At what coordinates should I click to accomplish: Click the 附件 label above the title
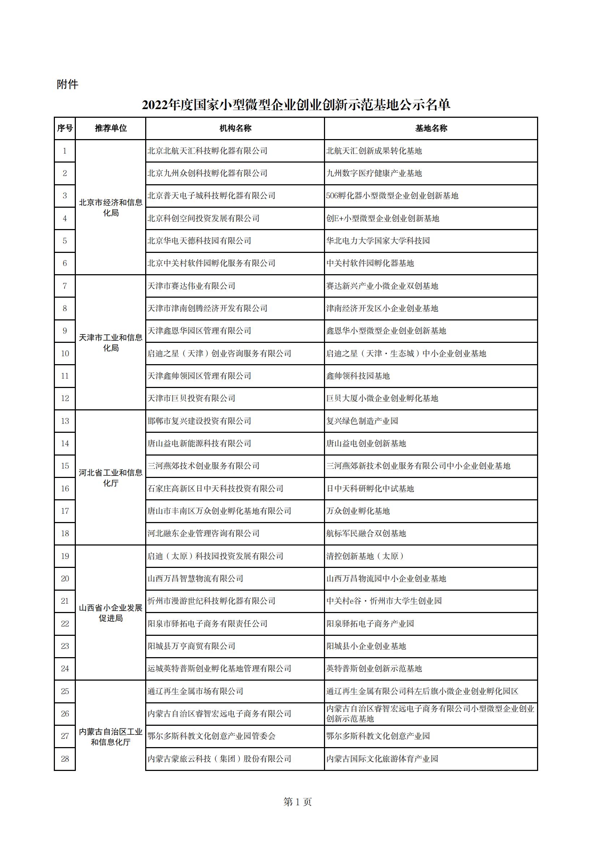[x=67, y=84]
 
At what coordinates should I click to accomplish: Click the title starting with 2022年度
[x=296, y=105]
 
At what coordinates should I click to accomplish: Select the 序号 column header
[x=65, y=128]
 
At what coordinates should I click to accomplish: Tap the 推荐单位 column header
[x=111, y=128]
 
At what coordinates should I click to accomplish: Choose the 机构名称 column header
[x=235, y=128]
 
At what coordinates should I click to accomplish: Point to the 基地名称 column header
[x=431, y=128]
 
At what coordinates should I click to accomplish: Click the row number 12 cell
[x=65, y=398]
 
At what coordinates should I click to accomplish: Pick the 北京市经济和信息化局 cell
[x=111, y=208]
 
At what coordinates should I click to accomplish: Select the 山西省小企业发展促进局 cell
[x=111, y=613]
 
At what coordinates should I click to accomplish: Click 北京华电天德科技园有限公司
[x=199, y=241]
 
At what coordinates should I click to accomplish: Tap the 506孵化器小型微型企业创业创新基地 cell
[x=392, y=196]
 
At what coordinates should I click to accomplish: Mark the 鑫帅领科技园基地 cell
[x=358, y=376]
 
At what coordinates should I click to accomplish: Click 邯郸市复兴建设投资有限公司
[x=199, y=421]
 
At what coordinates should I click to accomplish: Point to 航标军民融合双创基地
[x=366, y=533]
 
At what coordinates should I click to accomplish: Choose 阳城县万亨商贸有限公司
[x=191, y=646]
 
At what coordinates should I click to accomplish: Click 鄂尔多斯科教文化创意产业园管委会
[x=211, y=736]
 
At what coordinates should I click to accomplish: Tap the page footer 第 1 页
[x=298, y=802]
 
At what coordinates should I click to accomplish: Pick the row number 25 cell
[x=65, y=691]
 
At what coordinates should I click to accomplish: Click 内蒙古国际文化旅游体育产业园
[x=382, y=759]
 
